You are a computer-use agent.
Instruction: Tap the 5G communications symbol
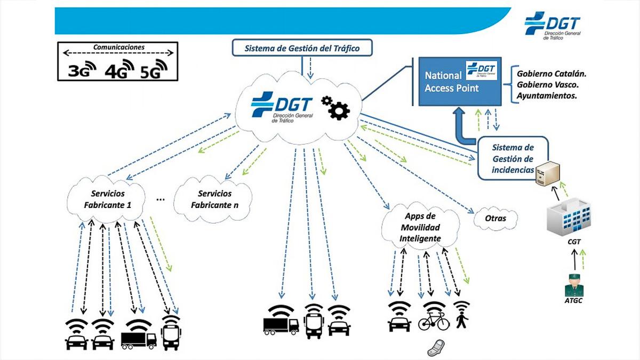pyautogui.click(x=154, y=69)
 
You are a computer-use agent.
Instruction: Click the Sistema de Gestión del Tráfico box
pyautogui.click(x=302, y=49)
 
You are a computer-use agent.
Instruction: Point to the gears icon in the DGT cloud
pyautogui.click(x=335, y=107)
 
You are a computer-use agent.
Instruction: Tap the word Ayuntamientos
pyautogui.click(x=548, y=97)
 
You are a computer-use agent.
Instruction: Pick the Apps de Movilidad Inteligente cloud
pyautogui.click(x=420, y=227)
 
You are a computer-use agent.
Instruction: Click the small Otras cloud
pyautogui.click(x=495, y=218)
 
